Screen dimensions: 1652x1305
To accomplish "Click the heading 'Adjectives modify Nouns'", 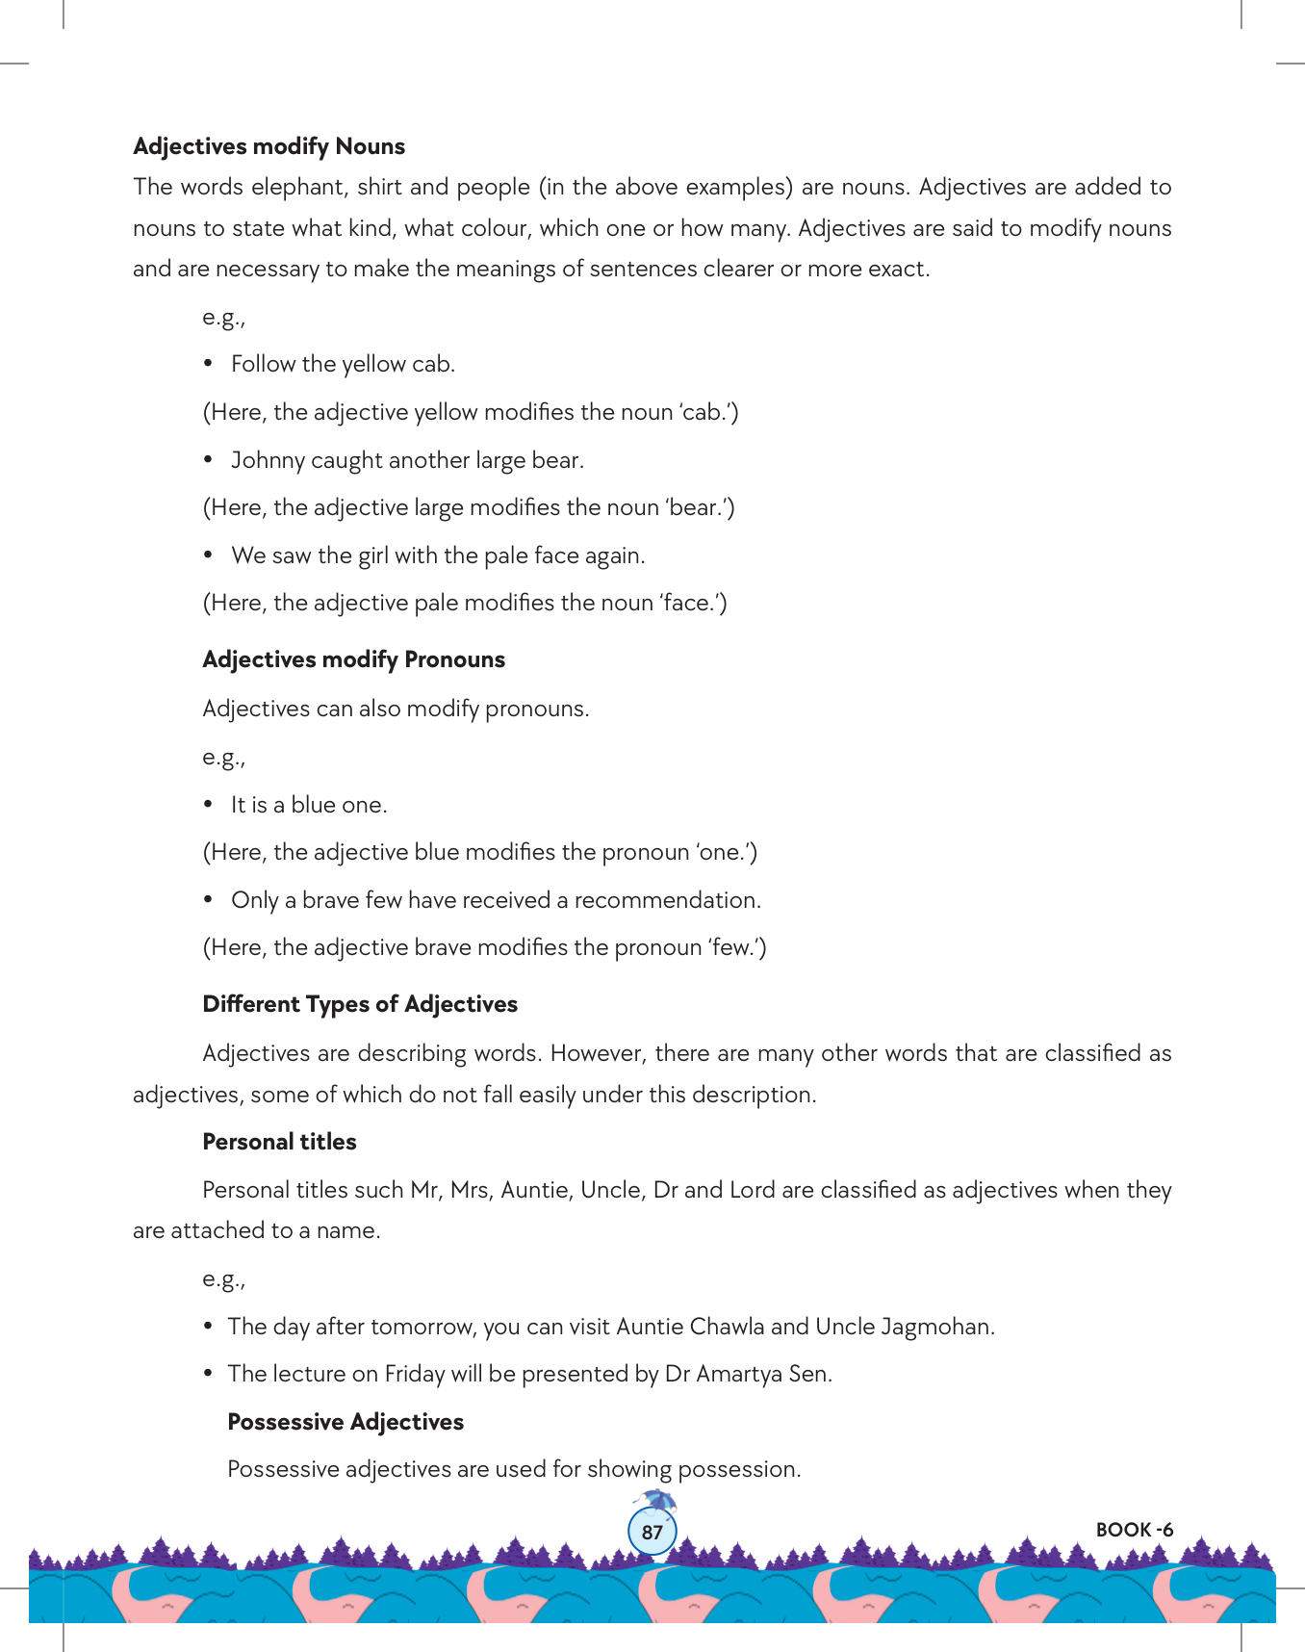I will pos(269,146).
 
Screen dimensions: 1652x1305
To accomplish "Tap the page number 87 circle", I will pos(652,1532).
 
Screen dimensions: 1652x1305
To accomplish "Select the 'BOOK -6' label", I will pos(1134,1530).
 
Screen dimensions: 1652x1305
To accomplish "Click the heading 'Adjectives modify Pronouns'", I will pos(353,659).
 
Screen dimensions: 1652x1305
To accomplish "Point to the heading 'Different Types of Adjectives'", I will pos(360,1004).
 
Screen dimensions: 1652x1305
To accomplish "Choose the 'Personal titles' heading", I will pos(279,1142).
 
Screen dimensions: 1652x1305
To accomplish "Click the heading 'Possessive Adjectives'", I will pos(345,1422).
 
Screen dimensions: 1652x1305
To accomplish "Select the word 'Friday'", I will pos(414,1374).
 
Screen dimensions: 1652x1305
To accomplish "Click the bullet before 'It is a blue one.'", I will pos(208,805).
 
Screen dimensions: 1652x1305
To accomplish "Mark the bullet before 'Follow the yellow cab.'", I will pos(208,364).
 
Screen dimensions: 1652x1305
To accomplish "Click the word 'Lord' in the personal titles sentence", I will pos(752,1190).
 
